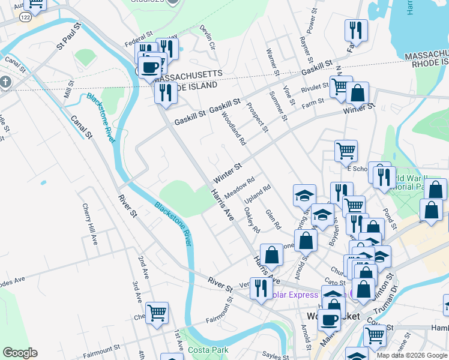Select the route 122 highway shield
coord(25,19)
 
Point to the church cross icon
coord(5,82)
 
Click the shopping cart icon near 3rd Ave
coord(157,313)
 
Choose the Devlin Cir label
coord(208,37)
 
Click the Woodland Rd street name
coord(234,129)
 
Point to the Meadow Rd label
coord(240,188)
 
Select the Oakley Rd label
coord(253,220)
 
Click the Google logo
coord(20,353)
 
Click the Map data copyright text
coord(412,355)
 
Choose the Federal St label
coord(122,44)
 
